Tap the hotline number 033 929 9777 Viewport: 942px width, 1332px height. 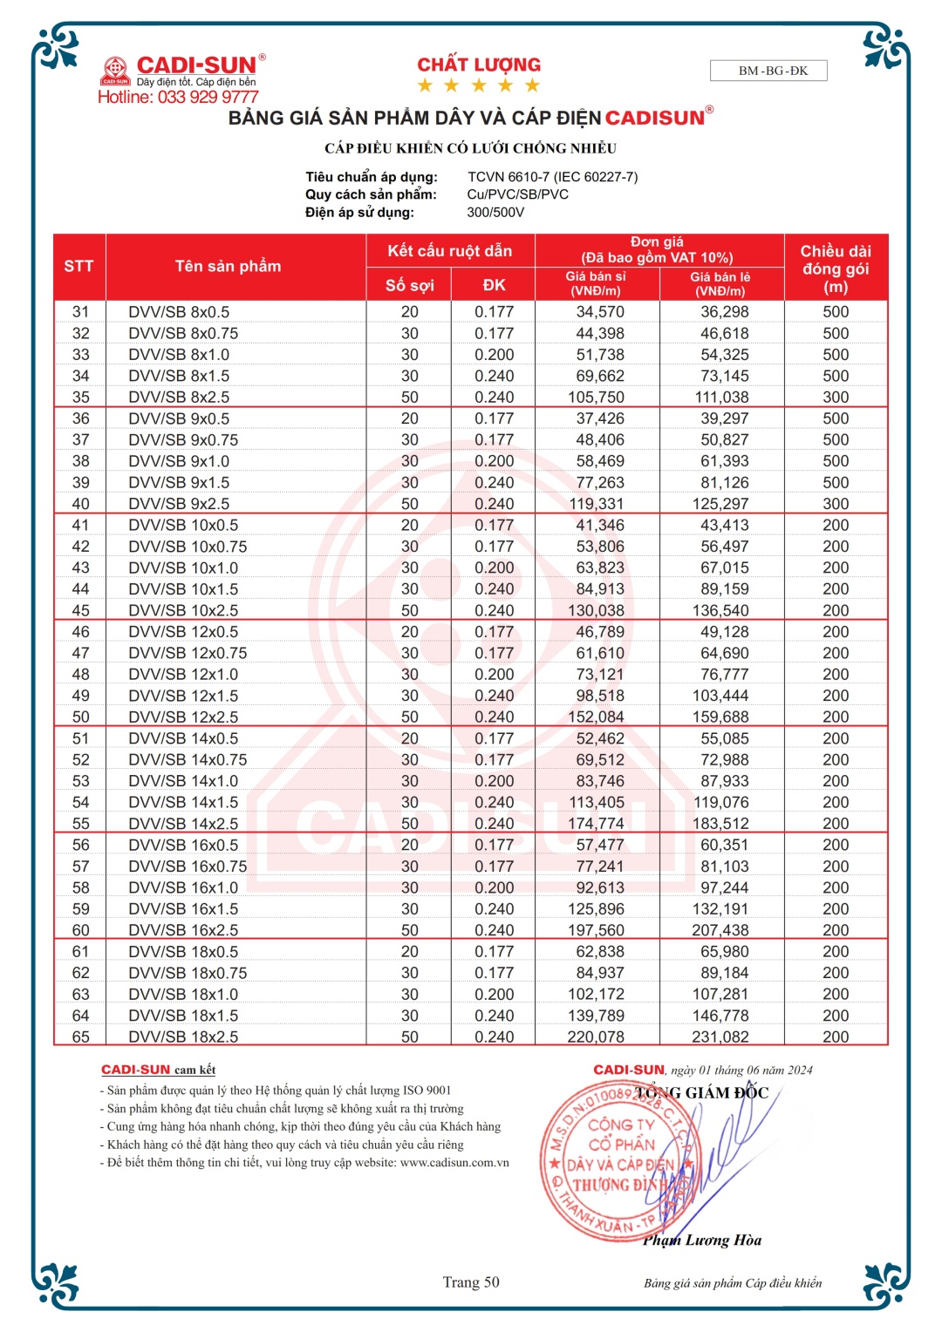pos(178,97)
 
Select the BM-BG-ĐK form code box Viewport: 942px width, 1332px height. pos(768,71)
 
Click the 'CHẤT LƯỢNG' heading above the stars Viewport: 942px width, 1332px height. pos(479,65)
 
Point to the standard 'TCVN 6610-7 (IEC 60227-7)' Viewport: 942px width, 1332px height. pos(552,177)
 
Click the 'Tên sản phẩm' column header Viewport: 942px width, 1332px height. pos(228,266)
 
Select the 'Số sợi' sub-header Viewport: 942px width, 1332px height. pos(409,285)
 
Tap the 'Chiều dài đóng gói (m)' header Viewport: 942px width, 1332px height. pos(836,268)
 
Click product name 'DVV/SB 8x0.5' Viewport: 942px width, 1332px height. pos(179,312)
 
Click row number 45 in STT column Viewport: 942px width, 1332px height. pos(80,610)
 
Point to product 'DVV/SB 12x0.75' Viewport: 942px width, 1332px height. pos(188,653)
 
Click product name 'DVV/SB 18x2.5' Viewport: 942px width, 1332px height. pos(183,1036)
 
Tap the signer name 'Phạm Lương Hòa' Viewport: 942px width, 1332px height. pos(702,1240)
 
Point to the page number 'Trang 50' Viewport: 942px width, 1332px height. pos(471,1281)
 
